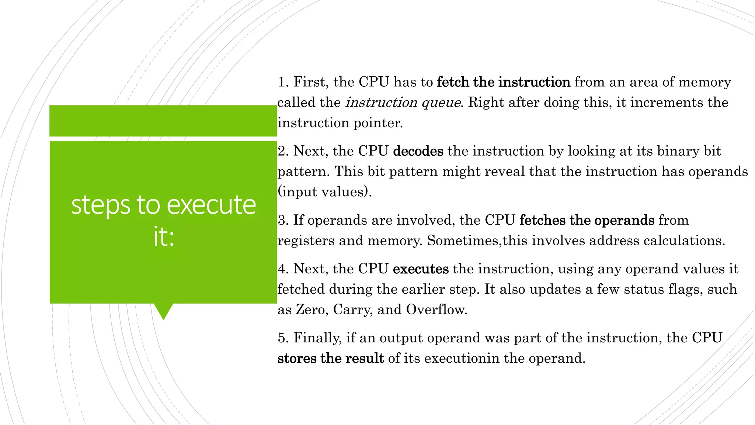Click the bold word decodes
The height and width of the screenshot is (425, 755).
tap(418, 151)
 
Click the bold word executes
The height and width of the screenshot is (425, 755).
tap(421, 269)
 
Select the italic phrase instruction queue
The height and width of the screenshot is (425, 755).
tap(403, 103)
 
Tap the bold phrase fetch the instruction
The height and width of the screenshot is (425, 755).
tap(504, 82)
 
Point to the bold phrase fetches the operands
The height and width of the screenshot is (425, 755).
tap(587, 220)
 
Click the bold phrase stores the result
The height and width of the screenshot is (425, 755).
tap(331, 358)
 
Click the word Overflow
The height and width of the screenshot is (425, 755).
tap(436, 310)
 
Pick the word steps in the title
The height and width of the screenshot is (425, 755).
tap(100, 205)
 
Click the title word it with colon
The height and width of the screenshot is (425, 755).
tap(164, 237)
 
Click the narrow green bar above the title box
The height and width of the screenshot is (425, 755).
tap(163, 121)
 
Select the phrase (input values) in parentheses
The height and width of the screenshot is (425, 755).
tap(324, 192)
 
